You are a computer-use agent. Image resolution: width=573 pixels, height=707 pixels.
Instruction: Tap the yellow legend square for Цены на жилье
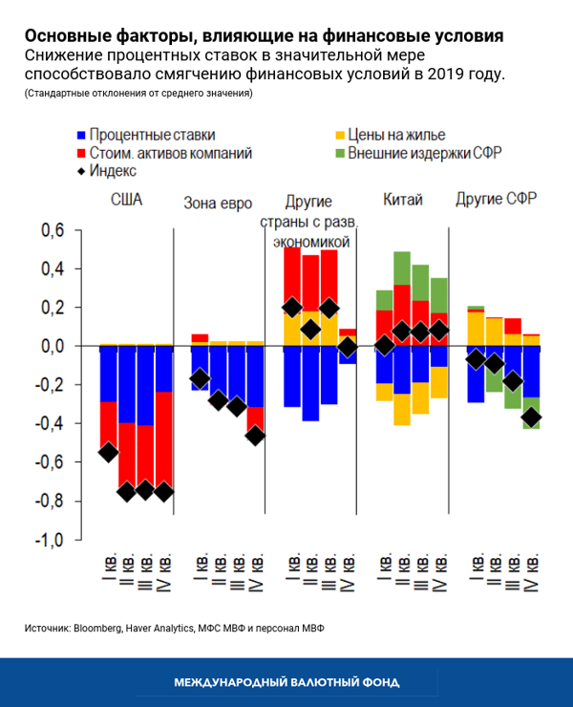338,136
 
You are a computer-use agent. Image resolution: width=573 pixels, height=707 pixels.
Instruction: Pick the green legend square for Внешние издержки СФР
338,153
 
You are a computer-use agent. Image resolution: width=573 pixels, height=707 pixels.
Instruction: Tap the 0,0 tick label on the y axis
51,347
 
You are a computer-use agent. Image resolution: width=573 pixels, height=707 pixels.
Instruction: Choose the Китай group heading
402,201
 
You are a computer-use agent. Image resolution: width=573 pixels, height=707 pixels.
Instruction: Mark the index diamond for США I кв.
109,452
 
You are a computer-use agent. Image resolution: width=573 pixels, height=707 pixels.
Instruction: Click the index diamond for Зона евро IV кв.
255,436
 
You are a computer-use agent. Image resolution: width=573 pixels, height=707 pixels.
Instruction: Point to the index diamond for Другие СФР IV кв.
531,418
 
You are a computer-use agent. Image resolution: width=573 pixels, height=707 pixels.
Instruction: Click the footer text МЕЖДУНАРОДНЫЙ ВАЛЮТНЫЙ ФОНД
286,682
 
